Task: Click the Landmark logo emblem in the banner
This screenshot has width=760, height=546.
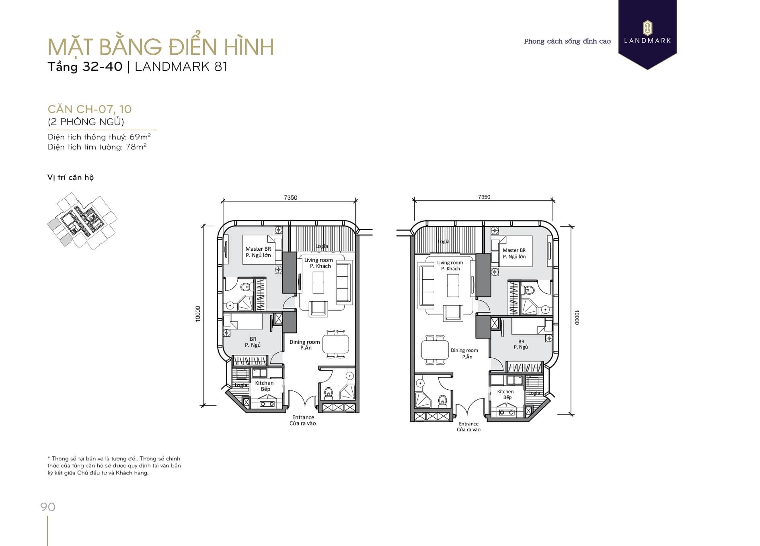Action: pos(647,28)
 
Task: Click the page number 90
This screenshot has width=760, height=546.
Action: pos(48,507)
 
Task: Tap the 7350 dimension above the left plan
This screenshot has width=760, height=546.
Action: pos(290,197)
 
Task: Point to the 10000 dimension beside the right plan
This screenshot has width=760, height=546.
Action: pos(577,317)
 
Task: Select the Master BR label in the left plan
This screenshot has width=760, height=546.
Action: pos(258,249)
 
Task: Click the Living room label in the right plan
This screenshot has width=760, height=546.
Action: pos(450,262)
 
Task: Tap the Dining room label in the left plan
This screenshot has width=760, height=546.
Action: pos(304,342)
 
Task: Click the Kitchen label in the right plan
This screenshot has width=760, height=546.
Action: pos(505,391)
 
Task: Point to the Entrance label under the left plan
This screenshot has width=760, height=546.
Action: pos(303,417)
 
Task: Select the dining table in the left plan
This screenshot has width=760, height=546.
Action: pos(335,344)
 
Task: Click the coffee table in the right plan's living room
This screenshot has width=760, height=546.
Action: pos(453,285)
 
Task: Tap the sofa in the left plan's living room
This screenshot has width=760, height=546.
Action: pos(344,281)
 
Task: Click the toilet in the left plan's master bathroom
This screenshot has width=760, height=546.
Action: pos(246,287)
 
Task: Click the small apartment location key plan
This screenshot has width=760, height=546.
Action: pos(82,221)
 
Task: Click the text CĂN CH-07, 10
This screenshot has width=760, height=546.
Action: pos(90,109)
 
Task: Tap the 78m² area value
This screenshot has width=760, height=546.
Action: pos(136,147)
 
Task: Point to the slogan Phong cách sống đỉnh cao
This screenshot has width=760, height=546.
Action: pos(567,41)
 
